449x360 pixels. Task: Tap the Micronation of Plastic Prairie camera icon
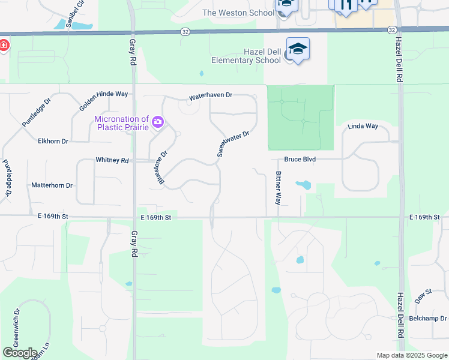(158, 122)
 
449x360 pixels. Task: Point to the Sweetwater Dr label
(233, 144)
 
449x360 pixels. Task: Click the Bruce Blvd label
(300, 160)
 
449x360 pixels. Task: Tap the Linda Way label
(363, 127)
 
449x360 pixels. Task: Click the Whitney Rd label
(112, 160)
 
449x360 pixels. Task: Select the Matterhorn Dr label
(52, 185)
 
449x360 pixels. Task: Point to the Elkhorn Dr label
(53, 141)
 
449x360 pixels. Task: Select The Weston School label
(238, 13)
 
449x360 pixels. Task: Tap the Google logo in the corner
(19, 353)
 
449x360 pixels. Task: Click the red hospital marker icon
(3, 46)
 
